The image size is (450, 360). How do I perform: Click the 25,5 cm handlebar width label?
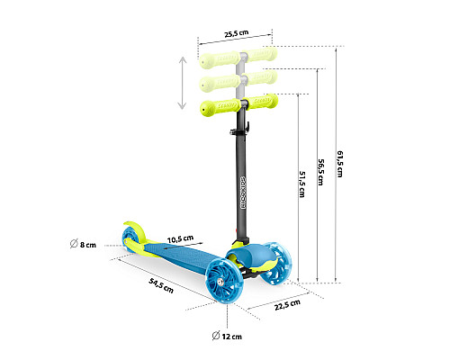pos(237,33)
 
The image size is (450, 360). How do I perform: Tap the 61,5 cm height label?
pos(339,164)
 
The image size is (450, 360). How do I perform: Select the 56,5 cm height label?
pos(321,172)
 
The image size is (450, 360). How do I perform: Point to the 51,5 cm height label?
pos(302,184)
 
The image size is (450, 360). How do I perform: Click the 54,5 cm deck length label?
pos(161,285)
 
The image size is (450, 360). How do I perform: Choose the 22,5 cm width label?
pos(287,304)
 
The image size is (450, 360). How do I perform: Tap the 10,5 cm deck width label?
pos(180,239)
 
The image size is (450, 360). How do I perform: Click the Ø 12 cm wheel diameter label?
pos(227,336)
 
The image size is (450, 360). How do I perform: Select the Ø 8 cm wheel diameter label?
pos(83,244)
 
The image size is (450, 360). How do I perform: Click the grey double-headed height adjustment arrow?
pos(182,83)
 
